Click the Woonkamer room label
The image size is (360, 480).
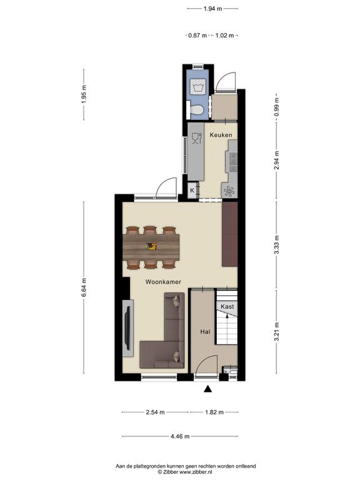(163, 282)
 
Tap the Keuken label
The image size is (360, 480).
(221, 135)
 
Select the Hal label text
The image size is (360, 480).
(205, 331)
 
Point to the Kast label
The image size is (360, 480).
(227, 306)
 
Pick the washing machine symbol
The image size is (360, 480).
(198, 86)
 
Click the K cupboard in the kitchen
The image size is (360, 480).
(192, 190)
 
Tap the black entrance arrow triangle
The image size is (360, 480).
(208, 389)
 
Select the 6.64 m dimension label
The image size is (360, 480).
(84, 287)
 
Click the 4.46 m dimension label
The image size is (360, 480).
(180, 436)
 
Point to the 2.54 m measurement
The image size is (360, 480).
(155, 412)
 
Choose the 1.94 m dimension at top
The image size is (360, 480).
(212, 9)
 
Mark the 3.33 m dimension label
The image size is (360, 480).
(276, 244)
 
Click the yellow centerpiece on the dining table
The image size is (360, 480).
(151, 246)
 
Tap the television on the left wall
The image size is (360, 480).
(128, 328)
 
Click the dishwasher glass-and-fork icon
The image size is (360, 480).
(196, 138)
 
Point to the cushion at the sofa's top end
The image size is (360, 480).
(177, 301)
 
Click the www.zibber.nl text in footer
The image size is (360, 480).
(195, 472)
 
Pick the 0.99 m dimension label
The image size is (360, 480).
(276, 106)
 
